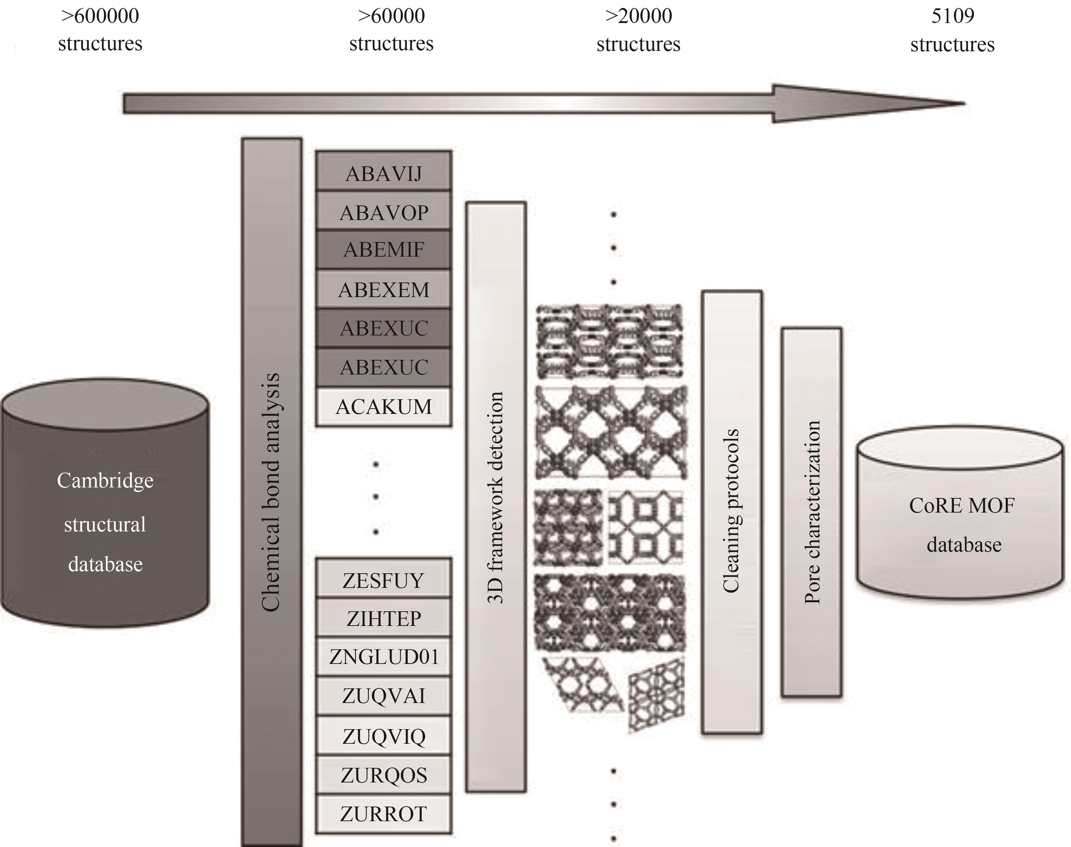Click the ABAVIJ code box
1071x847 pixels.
click(383, 174)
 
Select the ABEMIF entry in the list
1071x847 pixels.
click(383, 249)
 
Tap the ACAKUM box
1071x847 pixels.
click(383, 407)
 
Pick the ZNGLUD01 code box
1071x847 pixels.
click(383, 657)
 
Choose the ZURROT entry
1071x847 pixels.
click(383, 814)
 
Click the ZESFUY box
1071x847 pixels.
click(383, 580)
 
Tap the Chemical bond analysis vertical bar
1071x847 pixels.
click(272, 491)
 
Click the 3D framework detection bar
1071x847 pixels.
click(496, 496)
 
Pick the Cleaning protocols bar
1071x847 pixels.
click(731, 511)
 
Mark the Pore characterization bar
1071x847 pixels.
click(812, 511)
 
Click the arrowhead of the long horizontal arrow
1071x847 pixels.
click(868, 104)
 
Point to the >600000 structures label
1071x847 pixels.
click(100, 30)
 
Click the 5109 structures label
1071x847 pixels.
click(952, 30)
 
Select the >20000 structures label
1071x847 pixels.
click(639, 30)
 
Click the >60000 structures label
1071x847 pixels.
click(391, 30)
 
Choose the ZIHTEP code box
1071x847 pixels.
click(383, 618)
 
